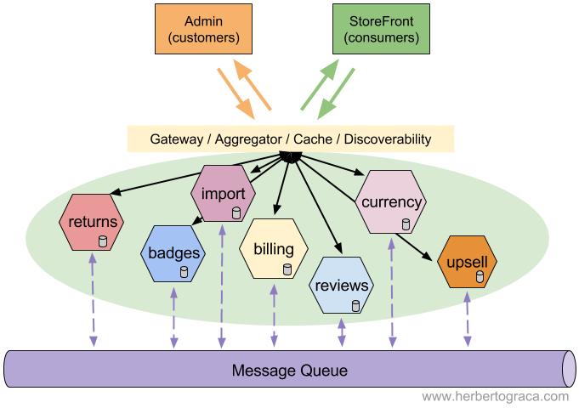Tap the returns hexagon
(93, 224)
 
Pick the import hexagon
(223, 194)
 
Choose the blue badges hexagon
(173, 253)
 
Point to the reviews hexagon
(341, 285)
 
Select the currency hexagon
(392, 202)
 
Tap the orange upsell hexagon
(467, 263)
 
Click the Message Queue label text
(290, 371)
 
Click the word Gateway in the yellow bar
(179, 139)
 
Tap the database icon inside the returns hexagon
(102, 243)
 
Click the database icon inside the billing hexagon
(287, 269)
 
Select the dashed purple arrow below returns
(92, 301)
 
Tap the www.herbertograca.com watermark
(495, 396)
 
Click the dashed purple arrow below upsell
(467, 320)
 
